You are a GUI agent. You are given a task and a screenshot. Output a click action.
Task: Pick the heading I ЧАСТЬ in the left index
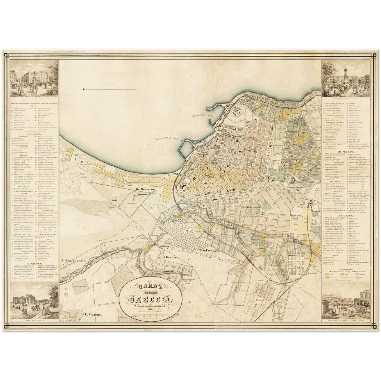click(34, 134)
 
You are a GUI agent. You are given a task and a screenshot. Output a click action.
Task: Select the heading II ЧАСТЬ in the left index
click(34, 263)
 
